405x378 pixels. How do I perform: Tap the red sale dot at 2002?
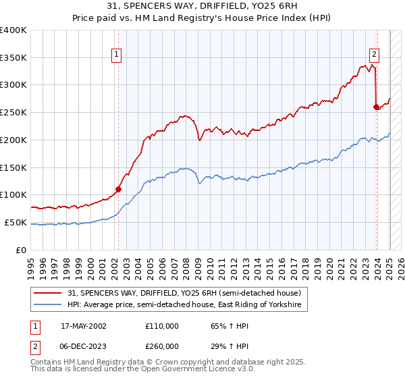118,189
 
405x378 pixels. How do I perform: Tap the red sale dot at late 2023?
376,106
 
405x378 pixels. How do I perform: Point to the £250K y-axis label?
13,112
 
